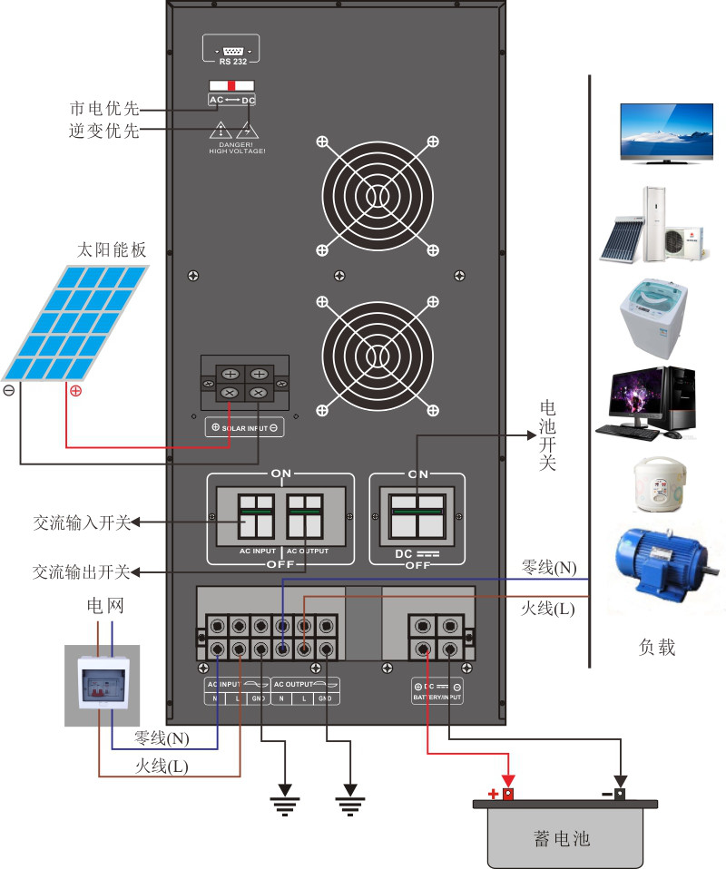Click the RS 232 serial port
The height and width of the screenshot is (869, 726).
pyautogui.click(x=231, y=51)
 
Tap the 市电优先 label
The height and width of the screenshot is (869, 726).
pyautogui.click(x=104, y=109)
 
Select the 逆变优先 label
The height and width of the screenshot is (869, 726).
pyautogui.click(x=104, y=131)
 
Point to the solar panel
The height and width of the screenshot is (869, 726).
pyautogui.click(x=77, y=322)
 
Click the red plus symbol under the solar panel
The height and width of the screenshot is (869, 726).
pyautogui.click(x=75, y=391)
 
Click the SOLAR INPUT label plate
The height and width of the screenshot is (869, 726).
pyautogui.click(x=244, y=427)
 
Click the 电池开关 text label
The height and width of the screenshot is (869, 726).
pyautogui.click(x=548, y=435)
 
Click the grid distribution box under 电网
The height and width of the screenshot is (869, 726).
pyautogui.click(x=102, y=686)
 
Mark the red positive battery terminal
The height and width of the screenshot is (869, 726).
pyautogui.click(x=508, y=795)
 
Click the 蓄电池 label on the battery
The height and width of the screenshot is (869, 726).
pyautogui.click(x=563, y=838)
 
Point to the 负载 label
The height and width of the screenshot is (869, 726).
pyautogui.click(x=657, y=648)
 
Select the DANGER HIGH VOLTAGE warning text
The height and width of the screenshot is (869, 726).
pyautogui.click(x=237, y=147)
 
